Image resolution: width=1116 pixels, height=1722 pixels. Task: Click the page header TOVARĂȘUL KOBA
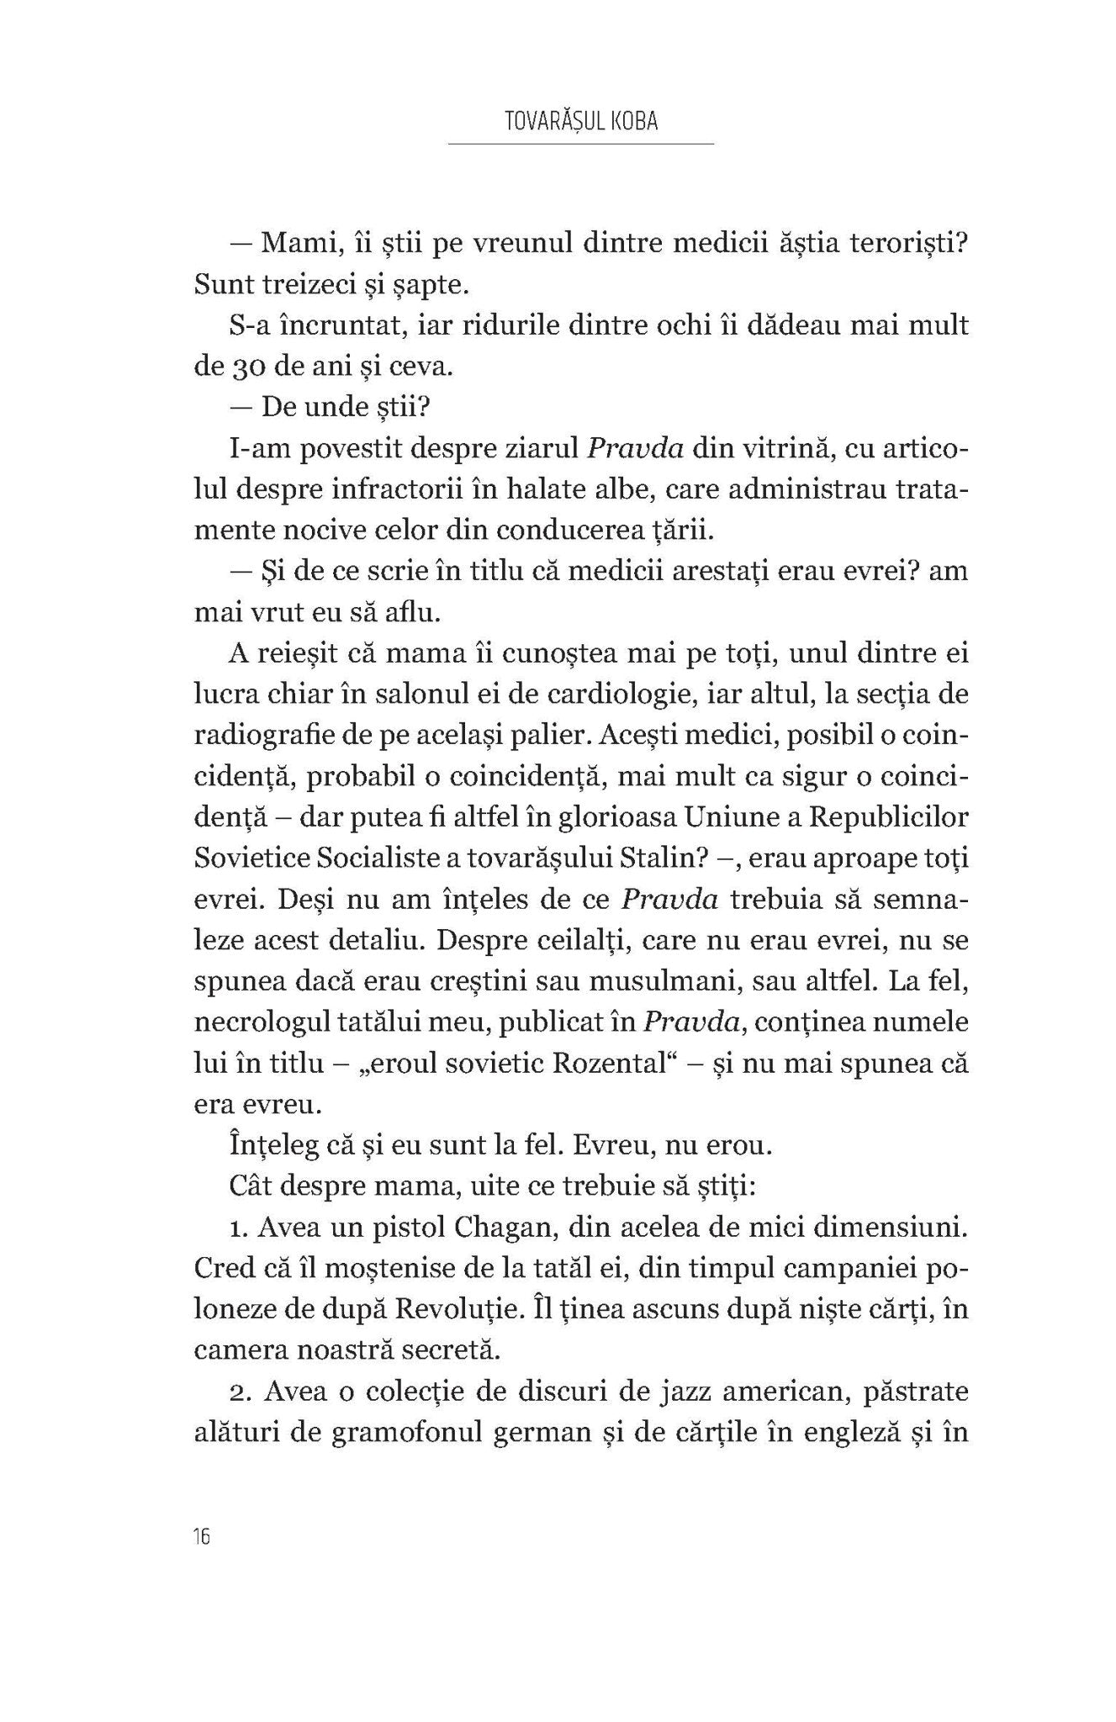[580, 121]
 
